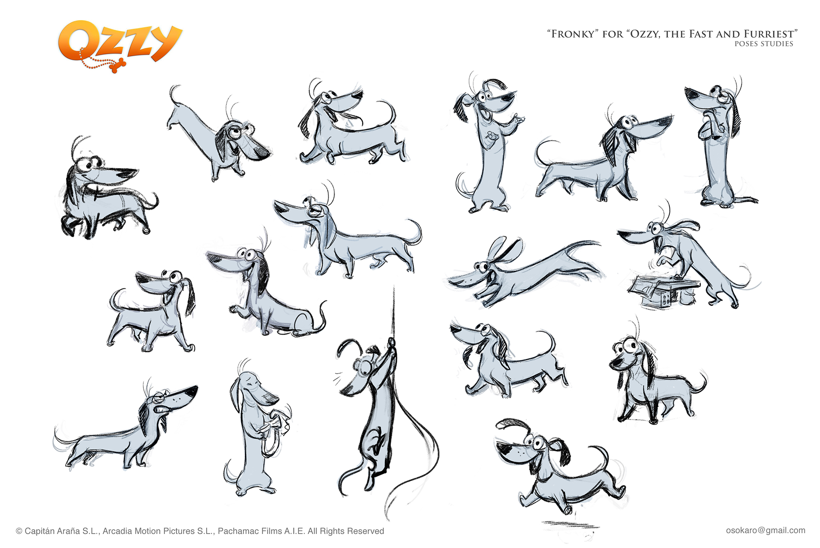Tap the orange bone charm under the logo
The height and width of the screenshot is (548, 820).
coord(117,66)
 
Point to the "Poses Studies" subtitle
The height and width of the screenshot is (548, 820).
coord(763,44)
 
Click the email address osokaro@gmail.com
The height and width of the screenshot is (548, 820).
coord(765,530)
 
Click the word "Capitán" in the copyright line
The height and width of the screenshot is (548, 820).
coord(41,531)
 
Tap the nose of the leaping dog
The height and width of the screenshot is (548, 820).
coord(451,281)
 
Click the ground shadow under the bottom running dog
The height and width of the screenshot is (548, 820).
coord(570,525)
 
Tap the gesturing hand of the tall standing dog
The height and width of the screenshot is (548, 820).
coord(517,120)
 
